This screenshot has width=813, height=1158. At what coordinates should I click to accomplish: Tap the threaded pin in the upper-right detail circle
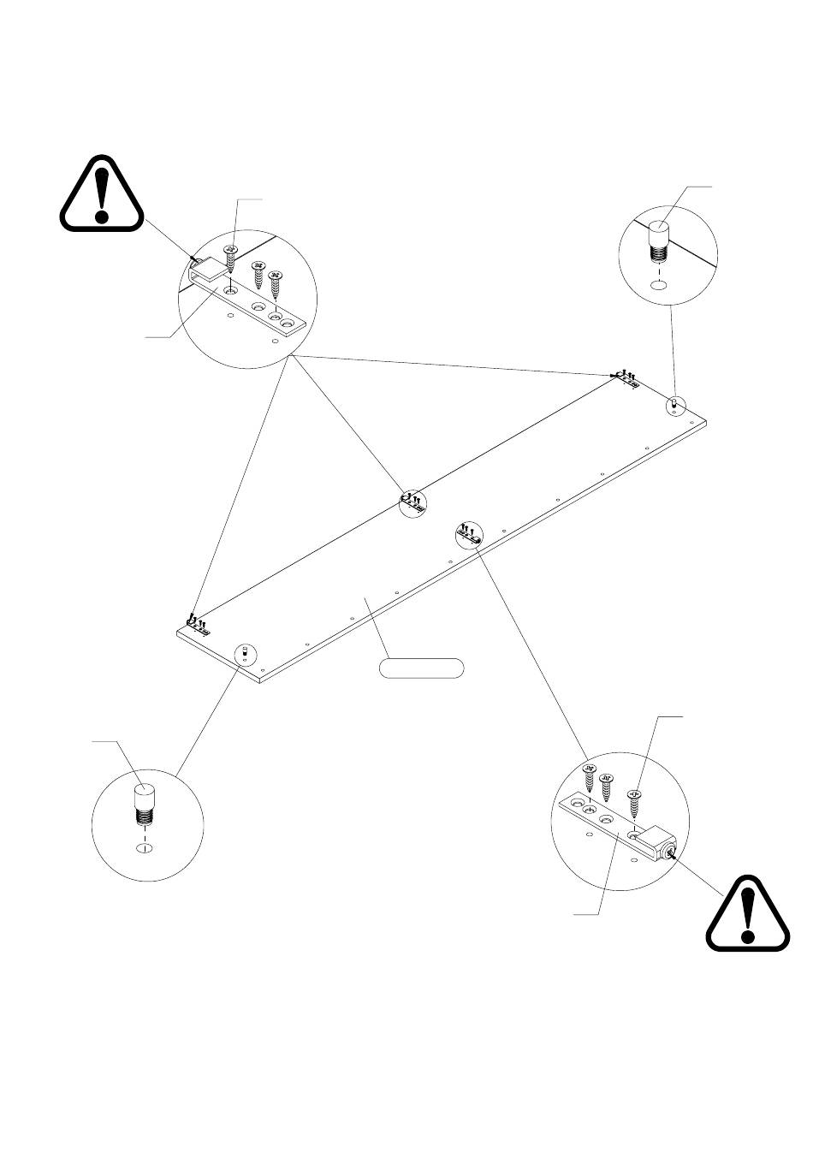(660, 242)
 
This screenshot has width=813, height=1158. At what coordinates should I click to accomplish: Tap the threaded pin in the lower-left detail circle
(145, 804)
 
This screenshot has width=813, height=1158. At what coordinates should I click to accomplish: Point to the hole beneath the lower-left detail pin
(145, 847)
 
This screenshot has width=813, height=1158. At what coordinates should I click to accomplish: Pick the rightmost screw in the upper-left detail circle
(276, 283)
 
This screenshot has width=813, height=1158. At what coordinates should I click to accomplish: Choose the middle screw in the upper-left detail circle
(258, 276)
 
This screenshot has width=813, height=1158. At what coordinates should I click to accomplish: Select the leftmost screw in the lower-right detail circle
(589, 778)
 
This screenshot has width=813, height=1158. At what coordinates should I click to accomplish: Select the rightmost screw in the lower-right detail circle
(634, 803)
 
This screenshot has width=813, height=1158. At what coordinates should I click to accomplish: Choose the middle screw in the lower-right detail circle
(607, 787)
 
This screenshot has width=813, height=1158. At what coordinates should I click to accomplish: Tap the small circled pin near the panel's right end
(675, 403)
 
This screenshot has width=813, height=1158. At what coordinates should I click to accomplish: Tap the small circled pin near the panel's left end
(245, 655)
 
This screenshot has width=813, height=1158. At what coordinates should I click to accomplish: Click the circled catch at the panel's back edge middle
(412, 502)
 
